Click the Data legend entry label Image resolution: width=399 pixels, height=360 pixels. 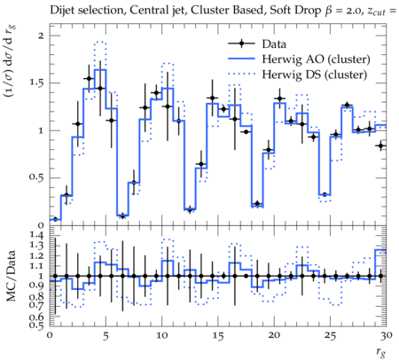274,44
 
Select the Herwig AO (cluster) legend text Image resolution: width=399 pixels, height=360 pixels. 316,59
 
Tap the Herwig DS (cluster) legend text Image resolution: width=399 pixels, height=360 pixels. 315,74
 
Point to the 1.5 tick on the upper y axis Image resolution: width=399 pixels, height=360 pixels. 36,82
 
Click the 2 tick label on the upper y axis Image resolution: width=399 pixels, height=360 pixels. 41,35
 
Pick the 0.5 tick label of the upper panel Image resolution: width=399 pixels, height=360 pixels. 36,178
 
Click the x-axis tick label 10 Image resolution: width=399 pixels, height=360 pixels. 161,335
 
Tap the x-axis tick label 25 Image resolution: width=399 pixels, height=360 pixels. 330,336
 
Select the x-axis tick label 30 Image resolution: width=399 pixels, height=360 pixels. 387,335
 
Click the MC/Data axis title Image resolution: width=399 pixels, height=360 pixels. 12,276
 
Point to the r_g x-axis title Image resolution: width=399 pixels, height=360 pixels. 380,352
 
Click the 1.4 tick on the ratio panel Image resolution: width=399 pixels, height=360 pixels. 36,236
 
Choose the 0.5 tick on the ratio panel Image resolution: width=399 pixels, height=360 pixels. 36,325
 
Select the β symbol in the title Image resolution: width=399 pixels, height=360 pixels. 328,12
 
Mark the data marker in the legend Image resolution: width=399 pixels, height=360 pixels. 241,44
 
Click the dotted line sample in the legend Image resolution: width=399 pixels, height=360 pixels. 241,74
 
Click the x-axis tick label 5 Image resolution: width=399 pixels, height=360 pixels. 106,336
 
